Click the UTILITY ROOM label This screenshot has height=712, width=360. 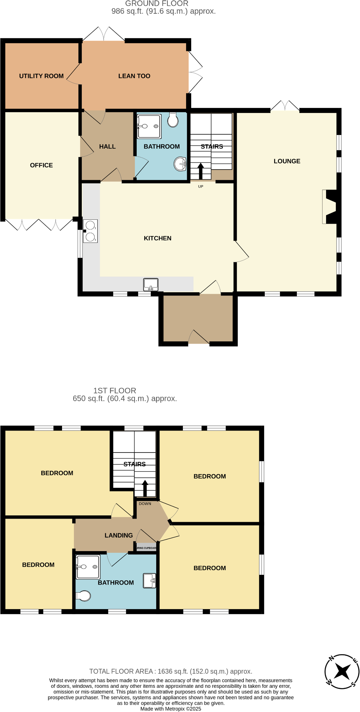click(41, 76)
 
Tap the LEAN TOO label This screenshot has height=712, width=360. click(134, 76)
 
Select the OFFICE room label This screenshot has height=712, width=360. click(41, 165)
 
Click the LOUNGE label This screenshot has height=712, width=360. click(287, 161)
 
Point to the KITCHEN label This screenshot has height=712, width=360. click(157, 238)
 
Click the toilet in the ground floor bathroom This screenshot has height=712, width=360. click(173, 120)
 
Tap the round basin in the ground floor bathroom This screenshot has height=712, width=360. click(180, 164)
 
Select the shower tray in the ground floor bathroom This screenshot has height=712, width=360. click(149, 126)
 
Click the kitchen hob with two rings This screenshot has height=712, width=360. click(90, 231)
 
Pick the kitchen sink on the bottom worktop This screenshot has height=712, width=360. click(151, 284)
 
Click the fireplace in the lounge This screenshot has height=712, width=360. click(330, 207)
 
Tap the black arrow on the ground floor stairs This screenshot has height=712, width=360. click(201, 171)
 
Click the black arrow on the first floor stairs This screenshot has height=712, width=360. click(145, 488)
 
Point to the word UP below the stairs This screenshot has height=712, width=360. click(201, 187)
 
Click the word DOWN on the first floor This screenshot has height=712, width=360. click(145, 504)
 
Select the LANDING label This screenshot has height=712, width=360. click(118, 536)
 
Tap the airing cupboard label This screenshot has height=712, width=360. click(146, 548)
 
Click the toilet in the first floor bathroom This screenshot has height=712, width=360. click(84, 595)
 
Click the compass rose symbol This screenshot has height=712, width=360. click(342, 672)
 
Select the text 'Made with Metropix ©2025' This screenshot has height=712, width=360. click(171, 709)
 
